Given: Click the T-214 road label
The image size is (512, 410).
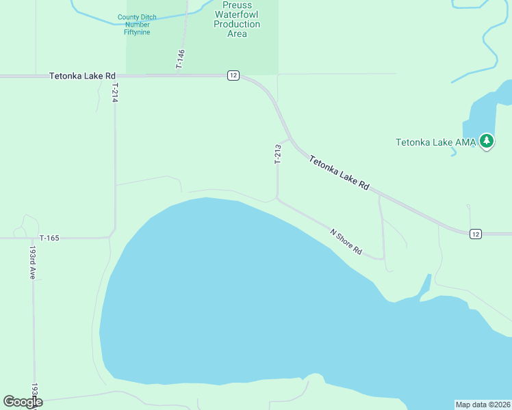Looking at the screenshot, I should tap(116, 92).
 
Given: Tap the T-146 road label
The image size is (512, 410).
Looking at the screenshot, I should tap(181, 59).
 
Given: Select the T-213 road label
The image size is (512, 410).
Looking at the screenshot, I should tap(278, 154).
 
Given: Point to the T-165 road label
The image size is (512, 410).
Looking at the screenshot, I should tap(50, 238).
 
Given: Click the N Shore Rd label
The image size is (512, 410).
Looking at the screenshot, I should tap(346, 241).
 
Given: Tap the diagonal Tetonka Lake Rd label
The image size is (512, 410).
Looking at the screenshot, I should tap(339, 174).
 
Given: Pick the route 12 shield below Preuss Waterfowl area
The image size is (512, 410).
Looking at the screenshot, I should tap(233, 75).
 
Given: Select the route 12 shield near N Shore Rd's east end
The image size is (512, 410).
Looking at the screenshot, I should tap(476, 234).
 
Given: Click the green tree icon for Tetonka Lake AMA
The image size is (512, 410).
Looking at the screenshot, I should tap(487, 141).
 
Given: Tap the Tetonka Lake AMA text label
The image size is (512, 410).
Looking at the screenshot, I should tap(435, 142).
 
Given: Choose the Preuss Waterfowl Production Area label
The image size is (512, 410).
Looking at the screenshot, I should tap(237, 19).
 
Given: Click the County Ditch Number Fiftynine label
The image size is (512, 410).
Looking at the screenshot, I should tap(133, 25).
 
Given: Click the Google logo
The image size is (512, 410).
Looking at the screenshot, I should tap(23, 402).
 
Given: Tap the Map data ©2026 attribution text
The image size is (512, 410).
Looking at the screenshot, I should tap(483, 405).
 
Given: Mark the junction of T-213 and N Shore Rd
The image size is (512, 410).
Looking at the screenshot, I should tap(277, 199).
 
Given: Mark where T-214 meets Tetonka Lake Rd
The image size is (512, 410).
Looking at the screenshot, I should tap(114, 76).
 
